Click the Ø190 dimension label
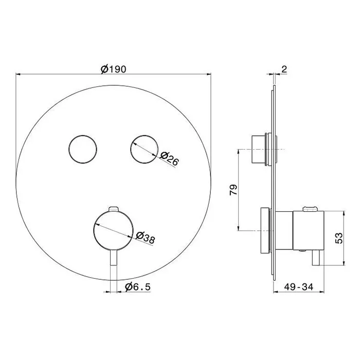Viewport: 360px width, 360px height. click(114, 69)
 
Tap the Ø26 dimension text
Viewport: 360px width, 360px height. click(169, 158)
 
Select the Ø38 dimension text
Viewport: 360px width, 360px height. click(146, 238)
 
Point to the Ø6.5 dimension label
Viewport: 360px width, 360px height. click(137, 287)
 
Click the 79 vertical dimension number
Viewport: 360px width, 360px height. click(233, 190)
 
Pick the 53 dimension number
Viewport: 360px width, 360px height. click(338, 238)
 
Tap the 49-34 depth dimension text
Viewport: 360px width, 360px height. click(298, 287)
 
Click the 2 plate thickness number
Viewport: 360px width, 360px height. click(284, 69)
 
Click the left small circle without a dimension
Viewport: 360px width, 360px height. click(83, 149)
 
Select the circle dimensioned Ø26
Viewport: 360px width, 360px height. click(144, 150)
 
